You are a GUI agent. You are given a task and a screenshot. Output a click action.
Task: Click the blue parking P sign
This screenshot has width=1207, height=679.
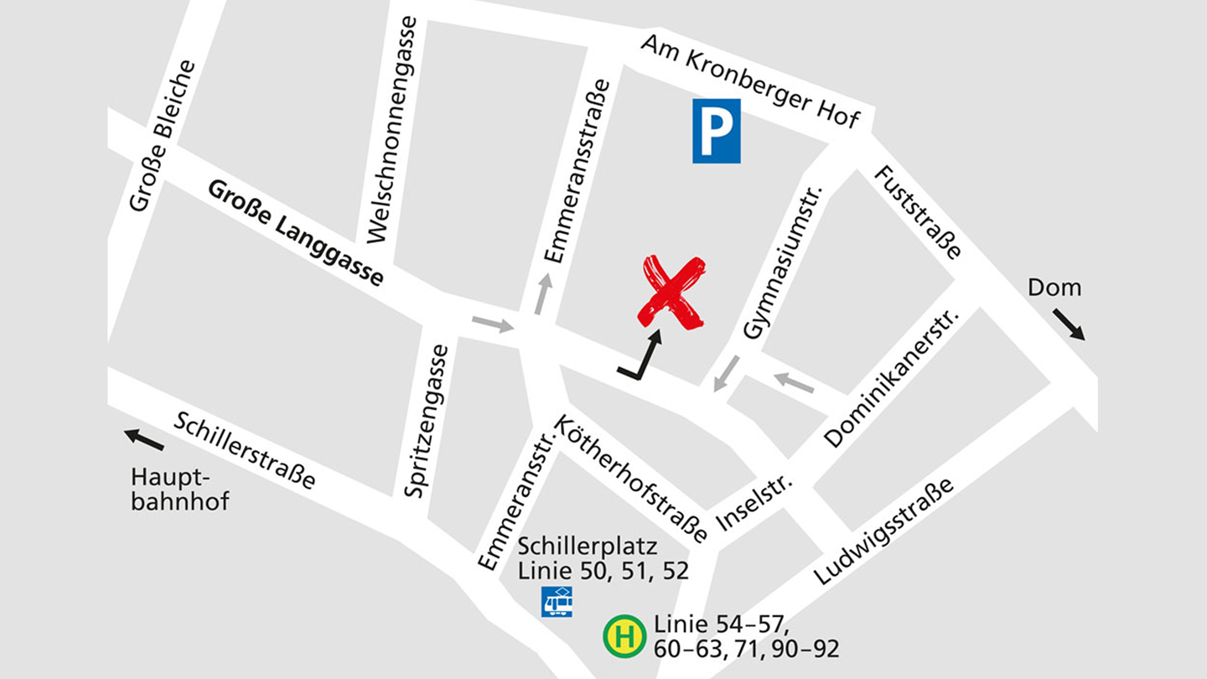click(716, 130)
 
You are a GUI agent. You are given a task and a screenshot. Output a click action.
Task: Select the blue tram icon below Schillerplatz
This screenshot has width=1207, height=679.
click(557, 602)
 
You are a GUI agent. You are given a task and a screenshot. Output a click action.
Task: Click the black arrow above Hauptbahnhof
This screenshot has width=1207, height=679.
click(144, 438)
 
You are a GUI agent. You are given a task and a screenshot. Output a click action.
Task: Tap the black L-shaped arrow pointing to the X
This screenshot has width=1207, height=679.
click(641, 356)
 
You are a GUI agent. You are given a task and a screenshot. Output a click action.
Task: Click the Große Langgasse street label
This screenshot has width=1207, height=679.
click(295, 232)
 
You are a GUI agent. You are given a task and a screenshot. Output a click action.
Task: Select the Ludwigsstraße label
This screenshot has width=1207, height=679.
click(884, 531)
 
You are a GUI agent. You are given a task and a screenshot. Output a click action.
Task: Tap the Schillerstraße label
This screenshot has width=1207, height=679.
click(245, 450)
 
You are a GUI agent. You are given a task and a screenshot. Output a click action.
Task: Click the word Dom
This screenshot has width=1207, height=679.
click(1054, 288)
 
